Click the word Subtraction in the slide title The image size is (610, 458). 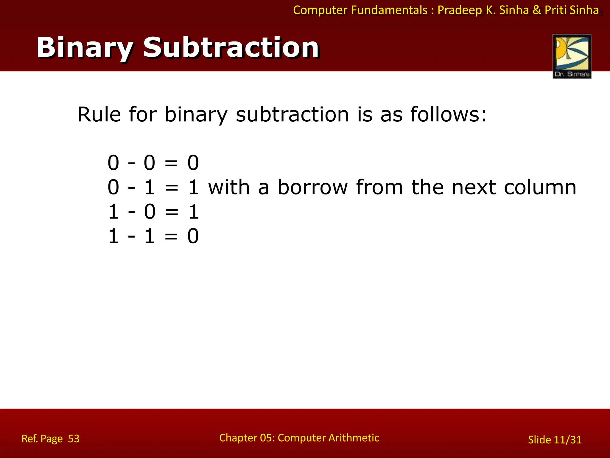click(x=231, y=48)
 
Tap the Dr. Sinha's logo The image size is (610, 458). click(x=572, y=56)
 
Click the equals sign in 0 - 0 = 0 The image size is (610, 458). click(x=171, y=163)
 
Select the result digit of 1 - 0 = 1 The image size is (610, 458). click(x=194, y=212)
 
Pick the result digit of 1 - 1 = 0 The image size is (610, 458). click(x=193, y=236)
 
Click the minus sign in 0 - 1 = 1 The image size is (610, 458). click(x=131, y=188)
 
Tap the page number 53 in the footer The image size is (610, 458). click(x=74, y=439)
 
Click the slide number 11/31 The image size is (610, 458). click(x=567, y=440)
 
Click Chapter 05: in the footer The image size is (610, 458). click(x=247, y=438)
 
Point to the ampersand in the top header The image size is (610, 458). click(x=536, y=10)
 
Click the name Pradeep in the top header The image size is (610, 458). click(x=460, y=10)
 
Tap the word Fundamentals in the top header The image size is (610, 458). click(x=389, y=10)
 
